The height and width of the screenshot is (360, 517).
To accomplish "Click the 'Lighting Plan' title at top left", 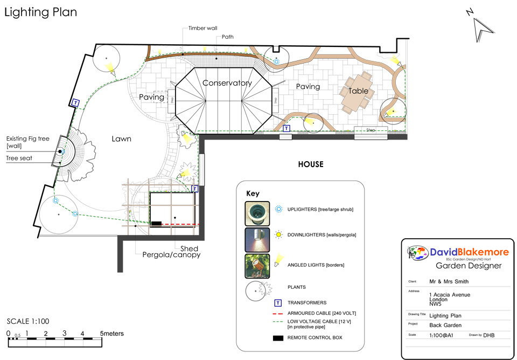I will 41,12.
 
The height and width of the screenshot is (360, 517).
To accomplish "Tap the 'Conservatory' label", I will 227,83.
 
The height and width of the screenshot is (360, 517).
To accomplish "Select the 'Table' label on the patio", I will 358,91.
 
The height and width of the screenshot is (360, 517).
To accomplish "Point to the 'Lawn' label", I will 121,139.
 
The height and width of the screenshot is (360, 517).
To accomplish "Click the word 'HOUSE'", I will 311,164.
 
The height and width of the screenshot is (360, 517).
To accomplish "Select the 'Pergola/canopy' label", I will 171,255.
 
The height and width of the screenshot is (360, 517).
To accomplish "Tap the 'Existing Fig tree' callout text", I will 28,139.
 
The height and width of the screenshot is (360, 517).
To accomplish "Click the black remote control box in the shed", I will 156,223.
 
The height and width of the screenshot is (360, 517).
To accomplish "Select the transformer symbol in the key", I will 278,303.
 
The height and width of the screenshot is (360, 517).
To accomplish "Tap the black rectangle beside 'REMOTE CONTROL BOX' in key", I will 278,337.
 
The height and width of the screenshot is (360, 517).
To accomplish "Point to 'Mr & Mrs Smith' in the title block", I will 449,281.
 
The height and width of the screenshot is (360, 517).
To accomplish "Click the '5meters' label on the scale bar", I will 111,334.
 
